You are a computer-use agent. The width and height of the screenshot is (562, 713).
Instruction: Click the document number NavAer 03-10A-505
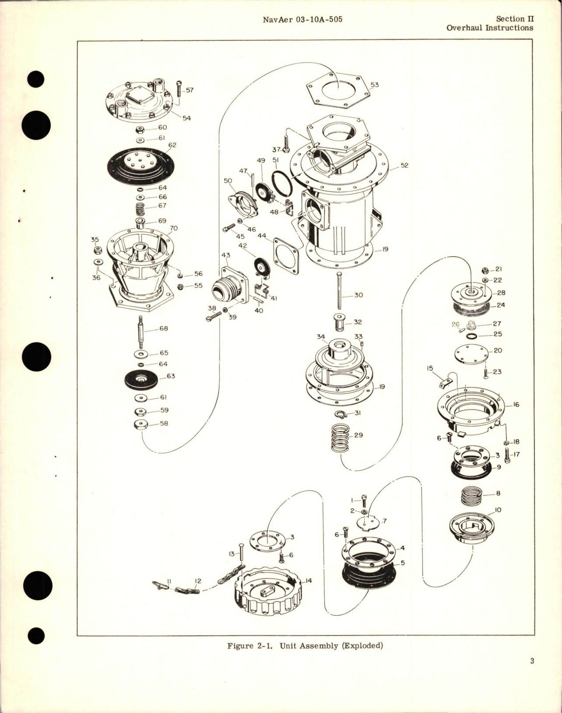click(302, 19)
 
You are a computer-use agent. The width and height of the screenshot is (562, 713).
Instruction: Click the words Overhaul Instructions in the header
click(489, 28)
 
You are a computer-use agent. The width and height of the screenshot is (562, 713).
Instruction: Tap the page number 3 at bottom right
click(532, 661)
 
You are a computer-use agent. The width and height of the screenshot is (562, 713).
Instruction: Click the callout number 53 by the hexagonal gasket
click(374, 85)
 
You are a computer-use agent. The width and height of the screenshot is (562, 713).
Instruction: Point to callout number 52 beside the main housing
click(404, 166)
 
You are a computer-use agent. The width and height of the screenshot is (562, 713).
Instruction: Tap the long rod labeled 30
click(339, 291)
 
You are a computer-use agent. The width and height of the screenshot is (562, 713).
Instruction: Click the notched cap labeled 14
click(269, 589)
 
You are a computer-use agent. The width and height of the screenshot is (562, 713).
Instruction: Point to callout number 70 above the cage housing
click(173, 228)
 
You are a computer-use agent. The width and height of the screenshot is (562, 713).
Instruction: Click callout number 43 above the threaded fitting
click(225, 255)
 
